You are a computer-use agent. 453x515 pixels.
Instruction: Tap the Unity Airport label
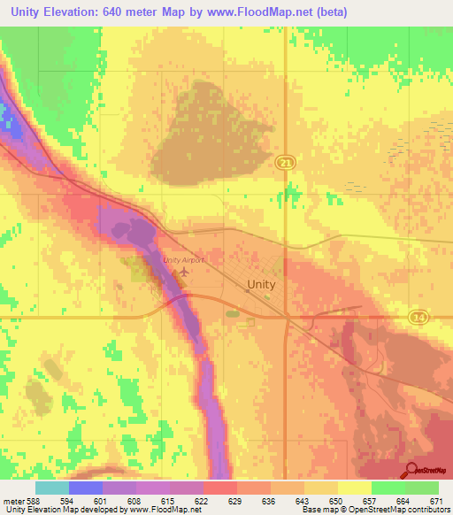(x=184, y=260)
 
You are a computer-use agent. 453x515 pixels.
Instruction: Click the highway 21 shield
(x=283, y=162)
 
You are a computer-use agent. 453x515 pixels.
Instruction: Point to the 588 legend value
(x=31, y=502)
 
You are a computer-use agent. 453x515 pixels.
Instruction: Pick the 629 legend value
(x=236, y=502)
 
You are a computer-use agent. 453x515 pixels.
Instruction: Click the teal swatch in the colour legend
(x=51, y=488)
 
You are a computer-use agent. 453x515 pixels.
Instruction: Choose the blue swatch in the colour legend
(x=85, y=488)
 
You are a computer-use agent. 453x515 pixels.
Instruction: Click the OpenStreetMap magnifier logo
(x=410, y=471)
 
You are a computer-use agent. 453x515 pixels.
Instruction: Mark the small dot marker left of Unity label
(x=247, y=289)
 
